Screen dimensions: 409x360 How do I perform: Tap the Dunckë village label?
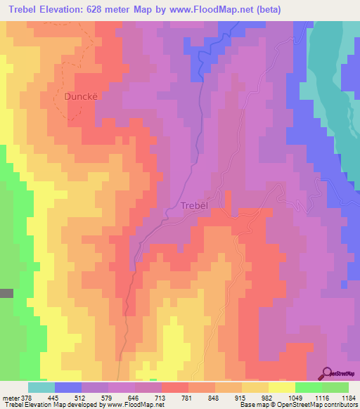pyautogui.click(x=82, y=96)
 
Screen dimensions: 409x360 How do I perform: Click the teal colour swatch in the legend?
pyautogui.click(x=41, y=387)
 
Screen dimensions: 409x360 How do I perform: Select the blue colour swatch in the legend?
pyautogui.click(x=68, y=387)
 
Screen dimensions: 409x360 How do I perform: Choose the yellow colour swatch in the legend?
pyautogui.click(x=281, y=387)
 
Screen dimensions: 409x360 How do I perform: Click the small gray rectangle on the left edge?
pyautogui.click(x=6, y=293)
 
